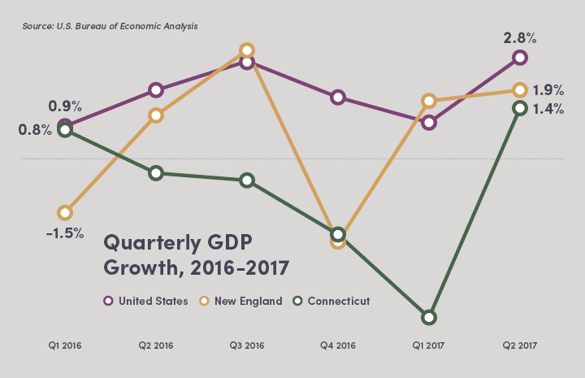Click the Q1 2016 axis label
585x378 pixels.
click(65, 345)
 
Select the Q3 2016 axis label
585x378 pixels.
click(247, 345)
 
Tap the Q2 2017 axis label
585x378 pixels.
click(520, 345)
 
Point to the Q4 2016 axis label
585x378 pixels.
click(338, 345)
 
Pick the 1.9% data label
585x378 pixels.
click(548, 90)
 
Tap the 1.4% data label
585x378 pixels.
click(548, 108)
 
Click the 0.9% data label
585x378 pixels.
click(66, 106)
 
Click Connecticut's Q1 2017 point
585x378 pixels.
click(429, 317)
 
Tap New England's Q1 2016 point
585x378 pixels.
click(65, 213)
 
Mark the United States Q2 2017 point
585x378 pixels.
click(520, 58)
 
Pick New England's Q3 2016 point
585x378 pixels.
click(247, 51)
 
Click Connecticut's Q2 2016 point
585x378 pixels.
click(156, 173)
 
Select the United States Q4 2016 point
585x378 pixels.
click(338, 98)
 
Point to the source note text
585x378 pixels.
click(110, 26)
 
